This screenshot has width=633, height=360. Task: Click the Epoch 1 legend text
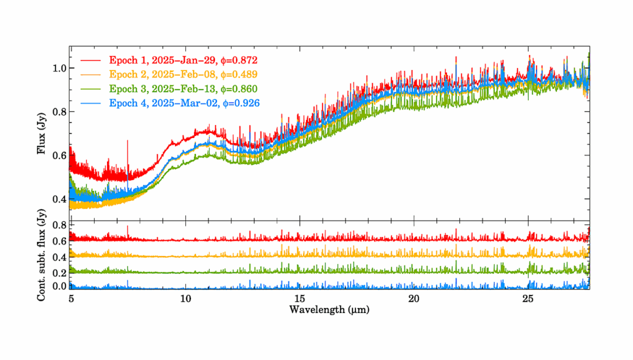click(x=182, y=61)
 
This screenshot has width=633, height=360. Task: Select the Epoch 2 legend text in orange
click(x=182, y=74)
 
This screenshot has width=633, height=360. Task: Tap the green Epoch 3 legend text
click(x=182, y=88)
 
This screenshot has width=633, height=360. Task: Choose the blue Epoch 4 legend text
click(x=182, y=103)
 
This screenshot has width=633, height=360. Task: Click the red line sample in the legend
click(x=91, y=61)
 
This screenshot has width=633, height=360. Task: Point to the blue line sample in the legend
click(x=91, y=103)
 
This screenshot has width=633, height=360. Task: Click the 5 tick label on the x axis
click(x=70, y=298)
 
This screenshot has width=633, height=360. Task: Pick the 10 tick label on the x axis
click(x=185, y=298)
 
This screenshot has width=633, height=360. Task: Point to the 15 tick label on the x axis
click(x=299, y=298)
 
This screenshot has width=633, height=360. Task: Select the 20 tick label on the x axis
click(x=414, y=298)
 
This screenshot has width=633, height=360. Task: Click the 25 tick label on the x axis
click(x=528, y=298)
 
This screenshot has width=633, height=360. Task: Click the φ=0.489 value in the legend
click(x=237, y=74)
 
